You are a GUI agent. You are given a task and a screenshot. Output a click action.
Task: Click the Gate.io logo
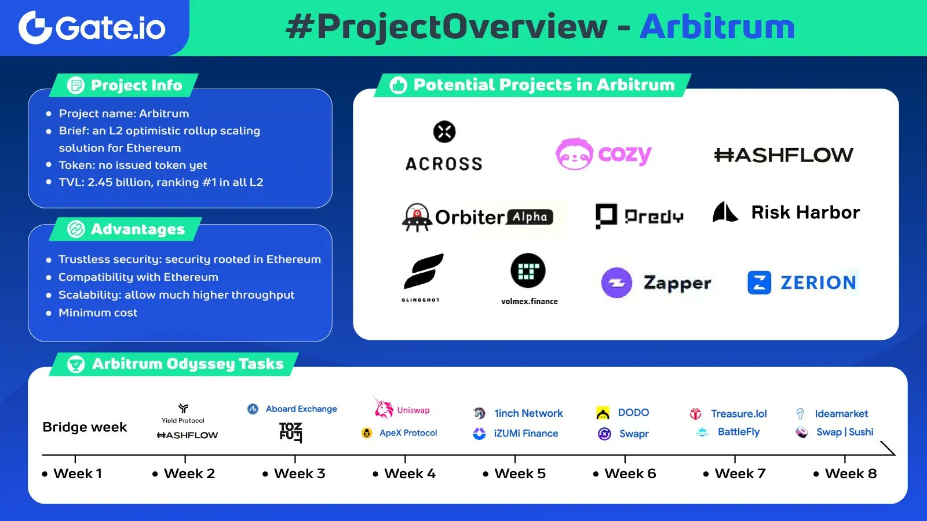click(92, 27)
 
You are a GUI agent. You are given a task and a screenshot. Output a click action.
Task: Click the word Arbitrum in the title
click(717, 27)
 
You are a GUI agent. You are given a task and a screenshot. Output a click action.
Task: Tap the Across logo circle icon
click(444, 132)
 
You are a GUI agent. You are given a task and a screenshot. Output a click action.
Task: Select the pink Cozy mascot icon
click(574, 155)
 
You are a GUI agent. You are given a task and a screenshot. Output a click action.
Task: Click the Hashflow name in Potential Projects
click(783, 155)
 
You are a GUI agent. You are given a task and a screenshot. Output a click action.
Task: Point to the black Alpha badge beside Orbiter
click(530, 217)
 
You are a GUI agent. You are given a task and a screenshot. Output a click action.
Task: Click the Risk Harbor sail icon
click(725, 212)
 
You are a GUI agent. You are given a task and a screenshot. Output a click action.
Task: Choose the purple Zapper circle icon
click(616, 283)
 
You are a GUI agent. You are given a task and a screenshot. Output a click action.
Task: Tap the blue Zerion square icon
click(759, 282)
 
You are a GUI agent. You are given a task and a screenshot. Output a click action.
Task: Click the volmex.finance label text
click(529, 301)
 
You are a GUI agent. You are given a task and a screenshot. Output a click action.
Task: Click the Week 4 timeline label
click(410, 474)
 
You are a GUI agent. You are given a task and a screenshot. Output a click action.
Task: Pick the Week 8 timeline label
click(851, 474)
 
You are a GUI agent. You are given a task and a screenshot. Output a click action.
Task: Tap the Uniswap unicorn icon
click(383, 409)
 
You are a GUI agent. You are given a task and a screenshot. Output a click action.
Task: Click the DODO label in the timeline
click(633, 413)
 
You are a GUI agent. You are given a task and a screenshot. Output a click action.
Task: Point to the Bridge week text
click(85, 427)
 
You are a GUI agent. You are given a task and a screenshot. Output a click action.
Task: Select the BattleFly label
click(738, 432)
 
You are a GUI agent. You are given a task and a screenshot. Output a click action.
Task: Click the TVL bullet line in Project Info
click(160, 182)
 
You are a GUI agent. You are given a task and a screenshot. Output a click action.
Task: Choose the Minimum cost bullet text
click(98, 313)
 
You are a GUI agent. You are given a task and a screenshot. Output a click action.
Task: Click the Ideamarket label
click(841, 413)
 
